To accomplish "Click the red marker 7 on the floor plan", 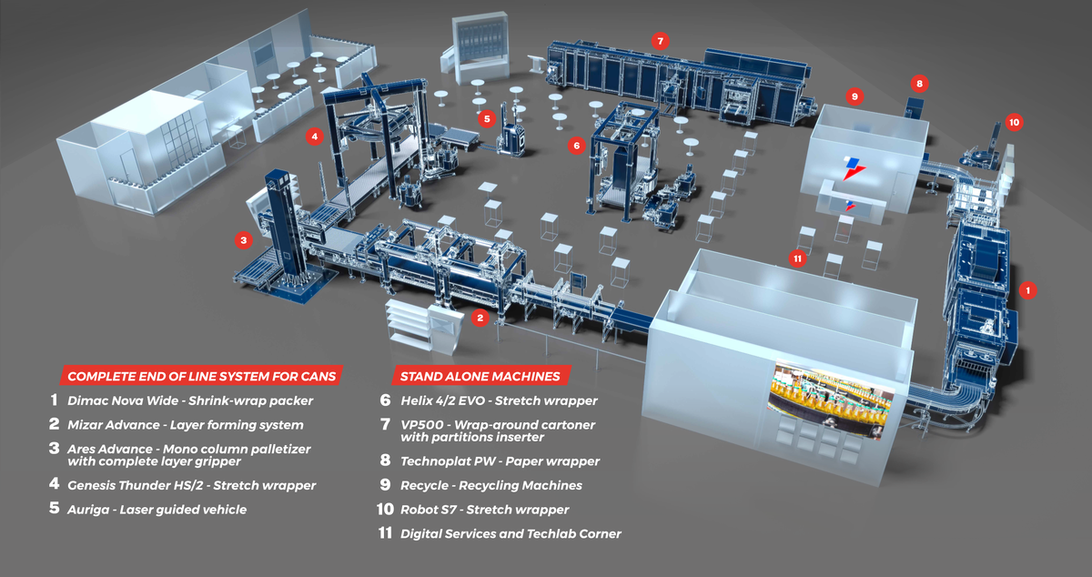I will pyautogui.click(x=662, y=40).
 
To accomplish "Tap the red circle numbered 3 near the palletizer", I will pyautogui.click(x=243, y=240).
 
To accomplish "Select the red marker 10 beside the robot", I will pyautogui.click(x=1015, y=121).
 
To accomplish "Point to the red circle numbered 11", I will pyautogui.click(x=798, y=258).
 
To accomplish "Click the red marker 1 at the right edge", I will pyautogui.click(x=1028, y=291).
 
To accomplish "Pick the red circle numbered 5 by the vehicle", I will pyautogui.click(x=487, y=117).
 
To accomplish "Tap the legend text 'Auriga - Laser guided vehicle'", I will pyautogui.click(x=157, y=510).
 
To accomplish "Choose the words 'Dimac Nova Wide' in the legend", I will pyautogui.click(x=115, y=400).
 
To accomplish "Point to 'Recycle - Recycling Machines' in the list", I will pyautogui.click(x=491, y=485).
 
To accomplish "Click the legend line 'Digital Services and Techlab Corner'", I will pyautogui.click(x=511, y=533).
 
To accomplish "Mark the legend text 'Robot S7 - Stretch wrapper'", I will pyautogui.click(x=484, y=510).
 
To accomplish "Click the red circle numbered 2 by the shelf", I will pyautogui.click(x=480, y=318).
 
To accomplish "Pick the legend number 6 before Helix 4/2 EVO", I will pyautogui.click(x=386, y=400).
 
